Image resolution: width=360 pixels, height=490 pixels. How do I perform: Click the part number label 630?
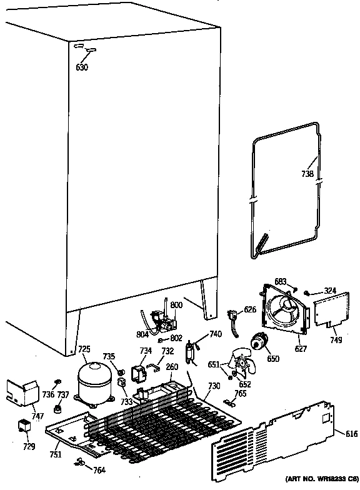tap(82, 67)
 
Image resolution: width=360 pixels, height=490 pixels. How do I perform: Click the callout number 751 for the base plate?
tap(56, 454)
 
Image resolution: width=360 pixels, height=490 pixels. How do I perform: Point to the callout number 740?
tap(215, 334)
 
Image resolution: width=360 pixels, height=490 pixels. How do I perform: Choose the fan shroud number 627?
tap(302, 349)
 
